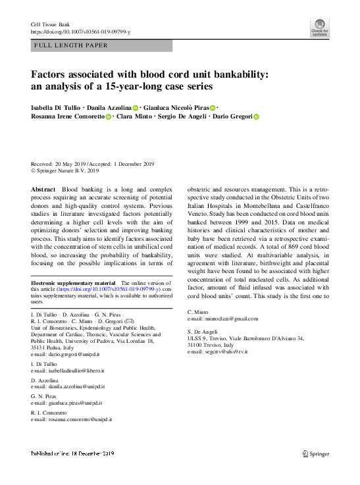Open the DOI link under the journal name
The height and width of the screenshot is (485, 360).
point(80,32)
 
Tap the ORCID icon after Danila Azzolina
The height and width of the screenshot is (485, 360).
point(136,107)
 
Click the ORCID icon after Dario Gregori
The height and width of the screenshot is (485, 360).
point(257,116)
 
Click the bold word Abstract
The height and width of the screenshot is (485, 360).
point(43,189)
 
